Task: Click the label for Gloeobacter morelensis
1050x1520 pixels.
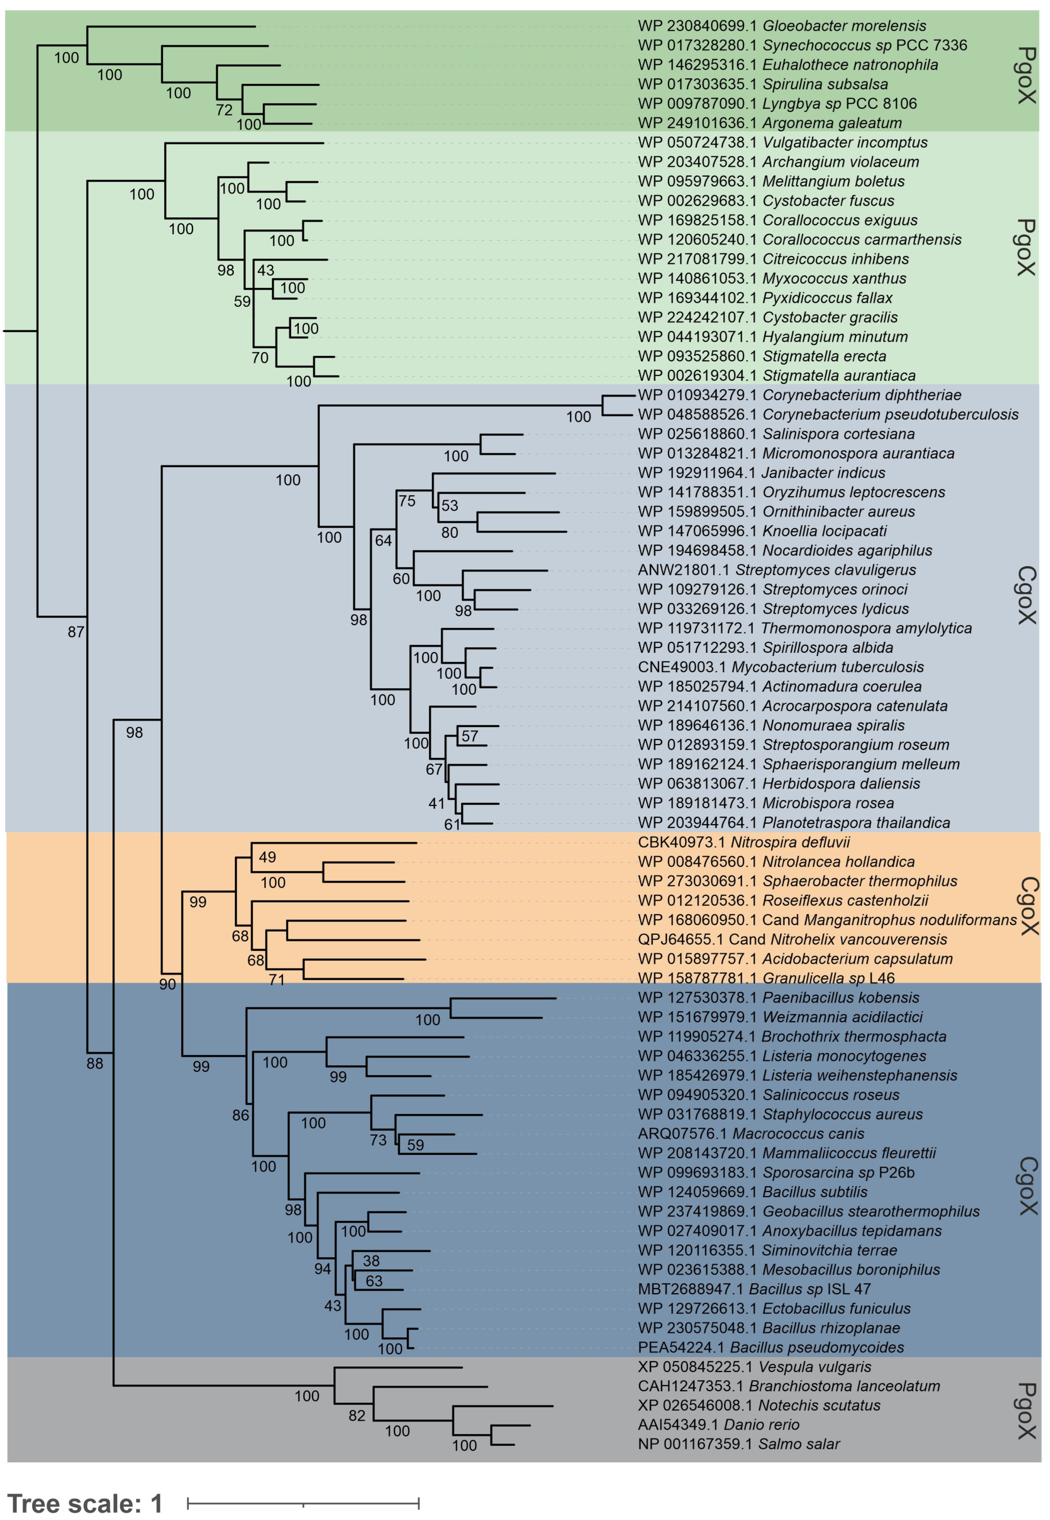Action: (x=781, y=26)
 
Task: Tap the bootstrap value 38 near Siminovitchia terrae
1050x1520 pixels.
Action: (x=371, y=1260)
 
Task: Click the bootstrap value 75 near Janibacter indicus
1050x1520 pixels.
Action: (x=407, y=501)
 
